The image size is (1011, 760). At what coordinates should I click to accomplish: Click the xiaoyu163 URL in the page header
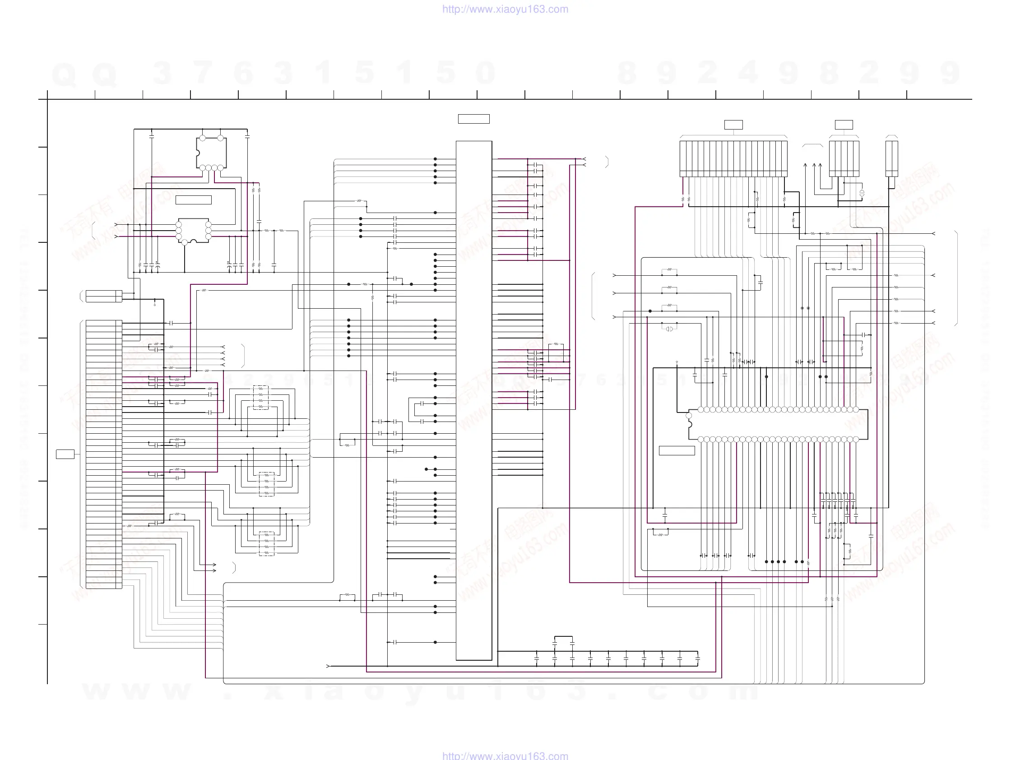[x=505, y=9]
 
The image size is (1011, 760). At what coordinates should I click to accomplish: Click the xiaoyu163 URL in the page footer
[x=505, y=755]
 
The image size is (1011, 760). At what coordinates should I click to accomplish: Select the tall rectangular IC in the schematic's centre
[x=473, y=400]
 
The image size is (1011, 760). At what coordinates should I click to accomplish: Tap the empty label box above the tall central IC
[x=473, y=119]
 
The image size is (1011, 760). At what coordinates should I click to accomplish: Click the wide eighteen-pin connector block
[x=733, y=158]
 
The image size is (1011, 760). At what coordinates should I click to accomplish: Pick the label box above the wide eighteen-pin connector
[x=733, y=125]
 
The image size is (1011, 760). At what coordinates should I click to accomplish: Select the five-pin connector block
[x=844, y=158]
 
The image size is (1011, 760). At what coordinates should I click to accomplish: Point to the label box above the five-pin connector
[x=844, y=125]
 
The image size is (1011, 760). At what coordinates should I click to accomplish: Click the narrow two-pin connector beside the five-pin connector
[x=891, y=158]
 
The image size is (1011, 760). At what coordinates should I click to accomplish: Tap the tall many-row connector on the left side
[x=104, y=454]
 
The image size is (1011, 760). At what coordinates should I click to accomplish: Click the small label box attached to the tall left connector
[x=65, y=454]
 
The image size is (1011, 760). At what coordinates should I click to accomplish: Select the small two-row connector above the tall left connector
[x=104, y=296]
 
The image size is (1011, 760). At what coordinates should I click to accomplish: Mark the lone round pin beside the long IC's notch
[x=689, y=415]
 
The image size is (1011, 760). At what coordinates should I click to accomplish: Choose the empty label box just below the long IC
[x=677, y=450]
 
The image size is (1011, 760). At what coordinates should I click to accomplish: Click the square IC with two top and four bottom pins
[x=211, y=153]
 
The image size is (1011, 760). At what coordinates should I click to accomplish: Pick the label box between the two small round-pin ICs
[x=193, y=200]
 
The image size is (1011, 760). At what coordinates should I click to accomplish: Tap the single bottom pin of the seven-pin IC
[x=185, y=243]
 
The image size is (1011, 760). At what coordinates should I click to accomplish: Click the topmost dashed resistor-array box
[x=260, y=398]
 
